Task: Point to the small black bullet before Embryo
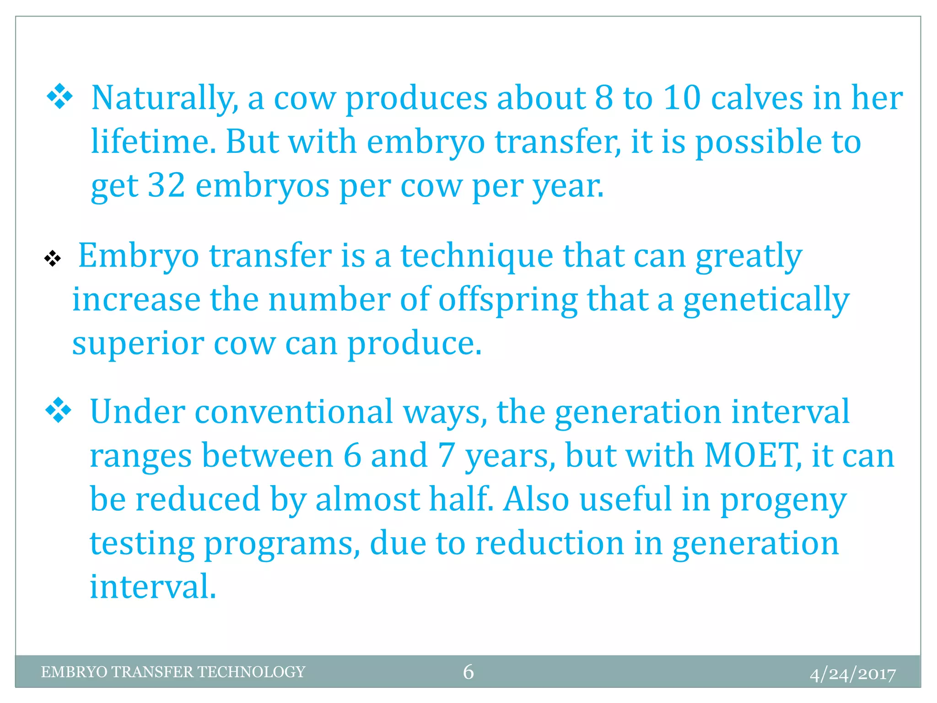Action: (53, 259)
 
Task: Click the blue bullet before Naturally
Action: (59, 97)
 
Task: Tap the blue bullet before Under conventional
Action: (59, 410)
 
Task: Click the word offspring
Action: (508, 300)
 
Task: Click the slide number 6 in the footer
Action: (468, 672)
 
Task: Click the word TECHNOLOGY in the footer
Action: (251, 672)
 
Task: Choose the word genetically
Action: (766, 300)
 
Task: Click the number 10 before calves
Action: (682, 98)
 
